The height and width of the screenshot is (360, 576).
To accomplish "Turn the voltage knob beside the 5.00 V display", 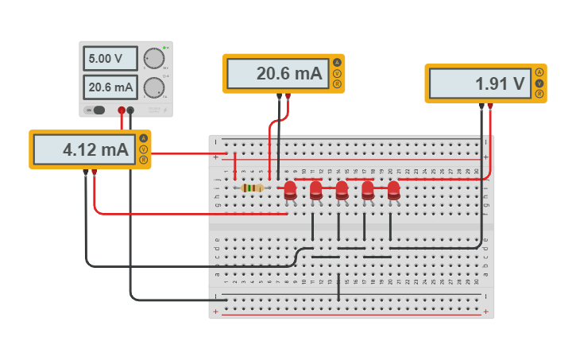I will (153, 59).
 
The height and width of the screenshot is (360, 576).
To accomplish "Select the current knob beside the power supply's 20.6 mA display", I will (153, 87).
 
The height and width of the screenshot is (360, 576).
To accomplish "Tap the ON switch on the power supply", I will (96, 110).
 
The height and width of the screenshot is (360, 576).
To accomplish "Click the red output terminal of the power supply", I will (122, 110).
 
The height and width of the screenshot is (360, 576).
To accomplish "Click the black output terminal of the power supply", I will (131, 110).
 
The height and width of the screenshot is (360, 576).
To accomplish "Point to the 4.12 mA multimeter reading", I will (84, 149).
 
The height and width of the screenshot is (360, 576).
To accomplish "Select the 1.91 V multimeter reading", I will (479, 83).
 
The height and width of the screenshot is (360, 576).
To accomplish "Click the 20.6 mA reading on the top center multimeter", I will (276, 74).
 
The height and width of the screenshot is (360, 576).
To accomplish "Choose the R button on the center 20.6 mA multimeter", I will (337, 84).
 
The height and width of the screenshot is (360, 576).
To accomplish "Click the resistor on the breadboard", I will (252, 188).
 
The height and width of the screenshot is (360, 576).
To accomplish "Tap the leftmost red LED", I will (290, 190).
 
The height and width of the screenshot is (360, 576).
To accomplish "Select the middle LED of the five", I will (342, 190).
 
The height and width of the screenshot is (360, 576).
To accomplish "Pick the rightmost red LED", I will (393, 190).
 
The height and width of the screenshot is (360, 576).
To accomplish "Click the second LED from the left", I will (315, 190).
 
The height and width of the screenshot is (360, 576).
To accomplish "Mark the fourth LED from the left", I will (367, 190).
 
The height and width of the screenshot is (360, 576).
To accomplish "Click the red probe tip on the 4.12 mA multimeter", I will (95, 172).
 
